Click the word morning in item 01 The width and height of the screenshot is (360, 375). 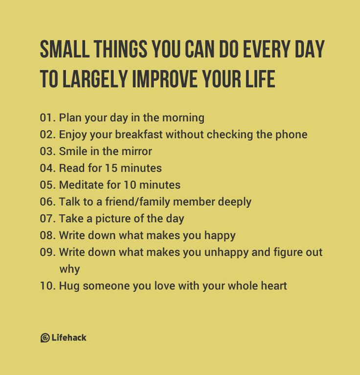click(182, 118)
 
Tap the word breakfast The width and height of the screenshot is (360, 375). click(139, 134)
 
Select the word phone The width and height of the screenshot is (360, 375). click(292, 134)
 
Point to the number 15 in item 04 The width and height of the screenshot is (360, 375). click(111, 168)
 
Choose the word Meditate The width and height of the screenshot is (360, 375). click(80, 185)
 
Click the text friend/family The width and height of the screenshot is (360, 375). click(153, 201)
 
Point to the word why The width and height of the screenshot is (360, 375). click(69, 269)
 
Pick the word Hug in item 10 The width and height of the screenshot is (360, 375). click(69, 286)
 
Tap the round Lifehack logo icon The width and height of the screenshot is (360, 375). click(45, 338)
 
